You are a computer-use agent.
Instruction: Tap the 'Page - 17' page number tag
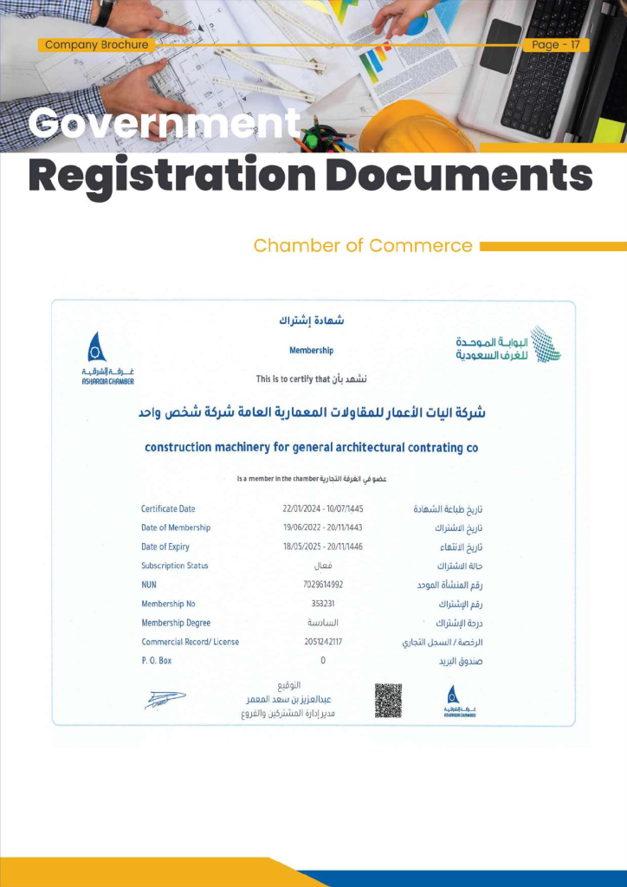tap(556, 45)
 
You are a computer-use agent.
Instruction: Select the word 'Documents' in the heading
tap(462, 176)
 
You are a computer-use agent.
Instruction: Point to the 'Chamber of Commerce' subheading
tap(363, 246)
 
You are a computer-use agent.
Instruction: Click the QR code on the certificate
tap(388, 700)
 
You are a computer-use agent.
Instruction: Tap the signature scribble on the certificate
tap(165, 700)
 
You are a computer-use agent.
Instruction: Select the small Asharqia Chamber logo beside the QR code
tap(452, 701)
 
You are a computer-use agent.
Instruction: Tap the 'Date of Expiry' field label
tap(165, 547)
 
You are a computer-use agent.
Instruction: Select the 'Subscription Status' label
tap(175, 566)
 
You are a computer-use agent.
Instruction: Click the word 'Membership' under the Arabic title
tap(311, 351)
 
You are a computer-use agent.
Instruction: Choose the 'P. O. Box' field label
tap(157, 661)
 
